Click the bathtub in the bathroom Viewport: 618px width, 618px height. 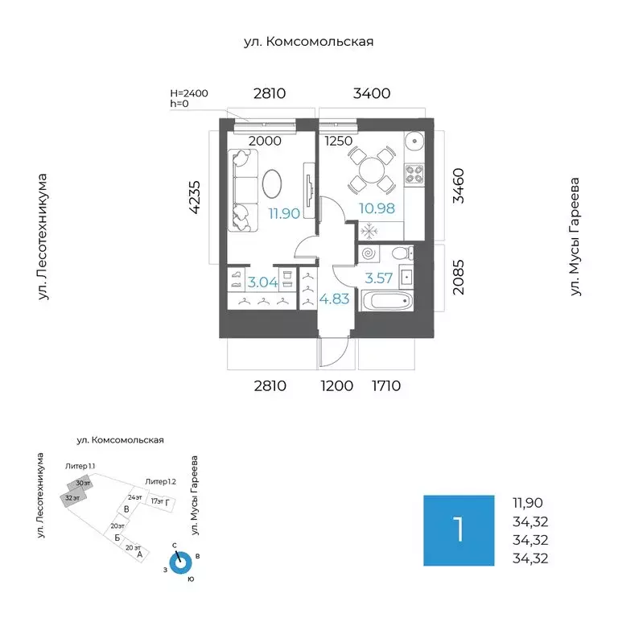(387, 303)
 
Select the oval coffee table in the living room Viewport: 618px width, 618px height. (272, 182)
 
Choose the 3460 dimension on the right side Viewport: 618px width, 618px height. (459, 185)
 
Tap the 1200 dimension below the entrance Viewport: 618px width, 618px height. (337, 386)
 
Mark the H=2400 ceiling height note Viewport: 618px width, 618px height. (188, 93)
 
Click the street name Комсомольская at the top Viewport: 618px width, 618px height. (310, 42)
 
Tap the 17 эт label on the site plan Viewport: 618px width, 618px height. (158, 502)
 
